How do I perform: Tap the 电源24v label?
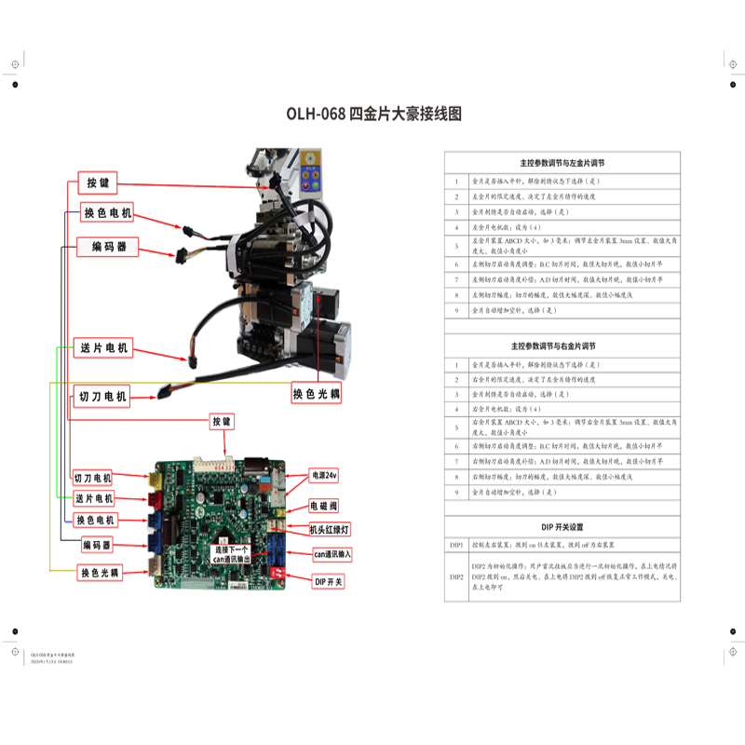click(x=324, y=475)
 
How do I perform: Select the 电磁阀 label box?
click(x=324, y=507)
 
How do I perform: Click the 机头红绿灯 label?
click(x=329, y=530)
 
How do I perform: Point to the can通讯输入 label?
click(x=332, y=555)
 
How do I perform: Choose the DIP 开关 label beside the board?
click(x=328, y=582)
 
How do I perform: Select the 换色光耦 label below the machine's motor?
click(x=316, y=394)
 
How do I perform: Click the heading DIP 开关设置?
click(x=562, y=527)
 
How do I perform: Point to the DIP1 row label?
click(x=456, y=544)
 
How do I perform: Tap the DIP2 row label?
click(x=456, y=577)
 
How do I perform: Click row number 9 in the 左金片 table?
click(x=456, y=310)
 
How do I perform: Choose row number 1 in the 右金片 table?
click(x=456, y=364)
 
